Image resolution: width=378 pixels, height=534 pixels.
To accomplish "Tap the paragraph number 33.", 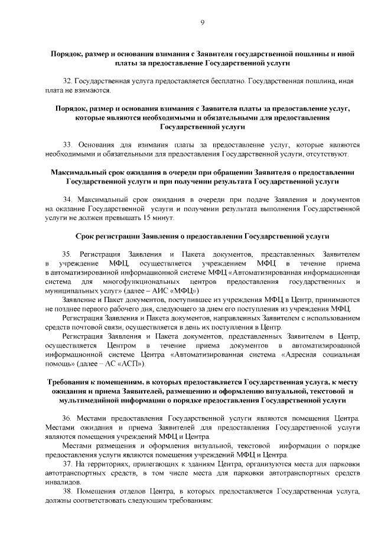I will pos(68,144).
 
